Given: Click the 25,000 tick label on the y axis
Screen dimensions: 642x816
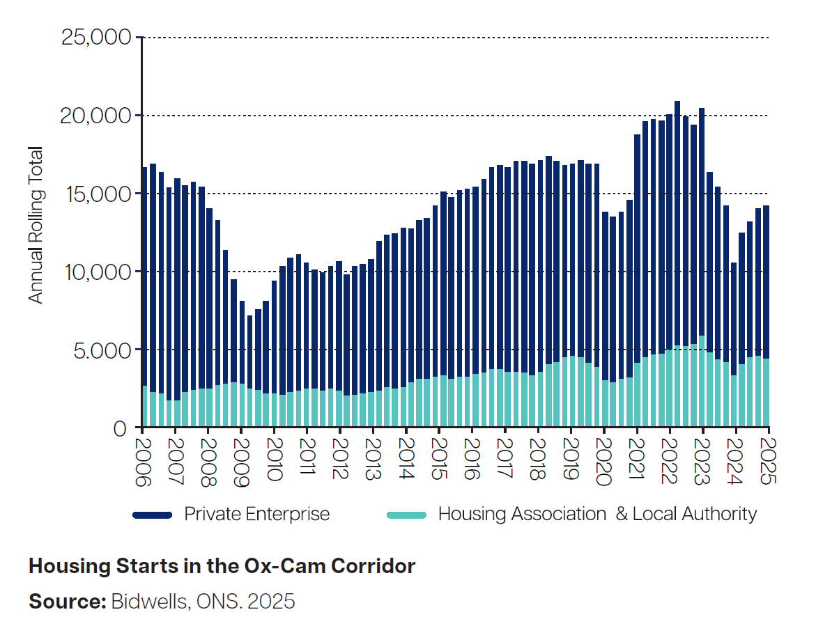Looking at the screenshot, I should pyautogui.click(x=97, y=37).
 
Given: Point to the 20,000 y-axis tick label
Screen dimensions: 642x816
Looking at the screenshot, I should pyautogui.click(x=97, y=115).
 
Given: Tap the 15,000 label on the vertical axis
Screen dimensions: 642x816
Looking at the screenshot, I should pyautogui.click(x=97, y=193).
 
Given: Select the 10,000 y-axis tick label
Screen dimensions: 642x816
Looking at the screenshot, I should pyautogui.click(x=97, y=271).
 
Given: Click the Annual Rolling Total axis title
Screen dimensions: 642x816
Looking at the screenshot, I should pyautogui.click(x=36, y=225).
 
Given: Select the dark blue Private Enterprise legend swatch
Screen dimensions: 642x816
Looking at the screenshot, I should pyautogui.click(x=152, y=515).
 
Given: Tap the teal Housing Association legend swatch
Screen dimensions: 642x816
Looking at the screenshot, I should pyautogui.click(x=406, y=515).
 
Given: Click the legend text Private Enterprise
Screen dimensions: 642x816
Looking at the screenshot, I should pyautogui.click(x=256, y=515).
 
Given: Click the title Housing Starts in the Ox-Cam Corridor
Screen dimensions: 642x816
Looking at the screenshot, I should pyautogui.click(x=222, y=566).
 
